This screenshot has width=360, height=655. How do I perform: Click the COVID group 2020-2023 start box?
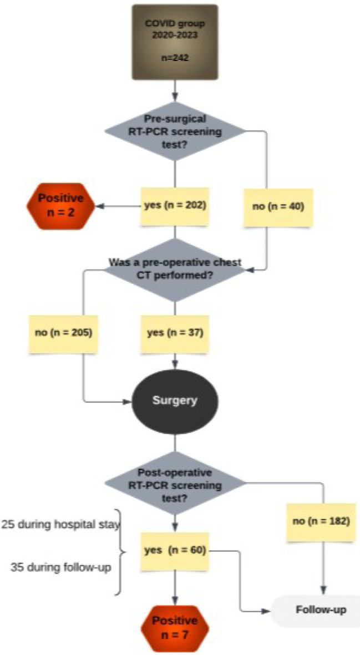175,42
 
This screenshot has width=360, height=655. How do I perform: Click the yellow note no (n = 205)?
62,334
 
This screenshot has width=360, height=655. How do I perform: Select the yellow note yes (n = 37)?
175,334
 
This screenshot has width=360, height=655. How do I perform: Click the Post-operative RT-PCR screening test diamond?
175,476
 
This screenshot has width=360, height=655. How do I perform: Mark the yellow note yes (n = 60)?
175,551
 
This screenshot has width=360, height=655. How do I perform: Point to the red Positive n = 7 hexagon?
175,624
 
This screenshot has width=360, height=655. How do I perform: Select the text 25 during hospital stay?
60,524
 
